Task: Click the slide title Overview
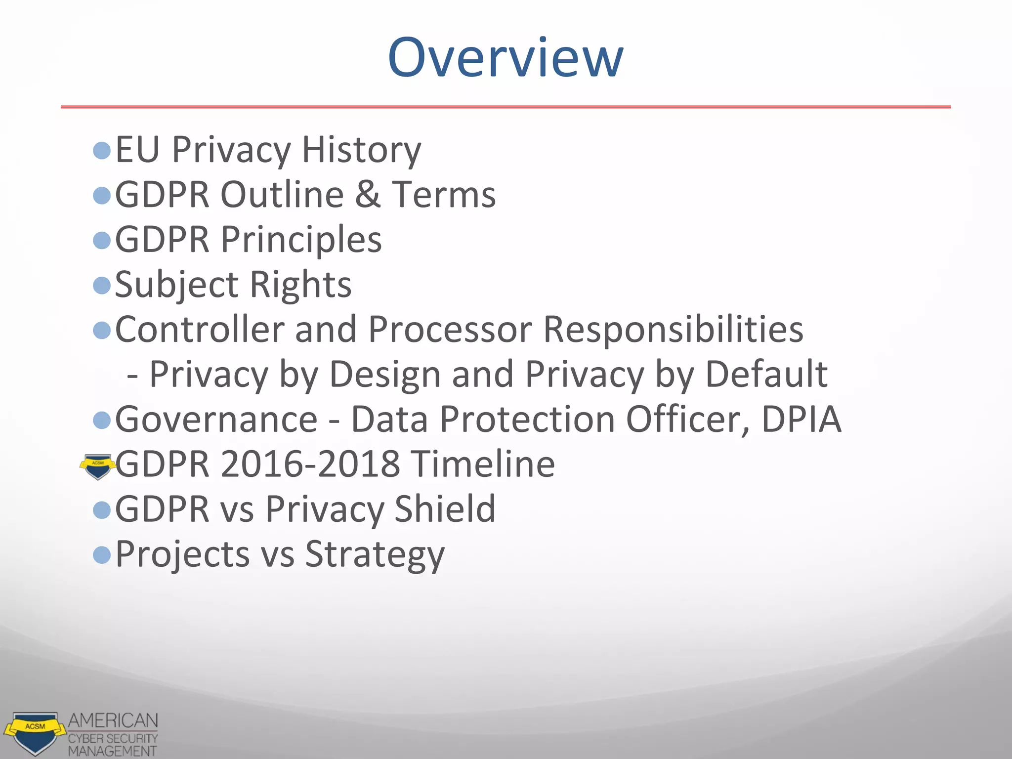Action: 505,57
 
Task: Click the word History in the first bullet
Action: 361,149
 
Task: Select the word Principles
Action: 301,240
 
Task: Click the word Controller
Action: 199,329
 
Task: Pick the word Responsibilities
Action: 673,329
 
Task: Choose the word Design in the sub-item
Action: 385,374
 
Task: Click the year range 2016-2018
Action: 310,464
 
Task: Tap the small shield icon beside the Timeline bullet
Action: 98,466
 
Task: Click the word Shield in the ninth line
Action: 445,509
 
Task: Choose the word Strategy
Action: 375,554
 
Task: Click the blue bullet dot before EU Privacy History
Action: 102,150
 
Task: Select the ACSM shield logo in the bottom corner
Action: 35,732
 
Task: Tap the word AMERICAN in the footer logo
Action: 113,720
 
